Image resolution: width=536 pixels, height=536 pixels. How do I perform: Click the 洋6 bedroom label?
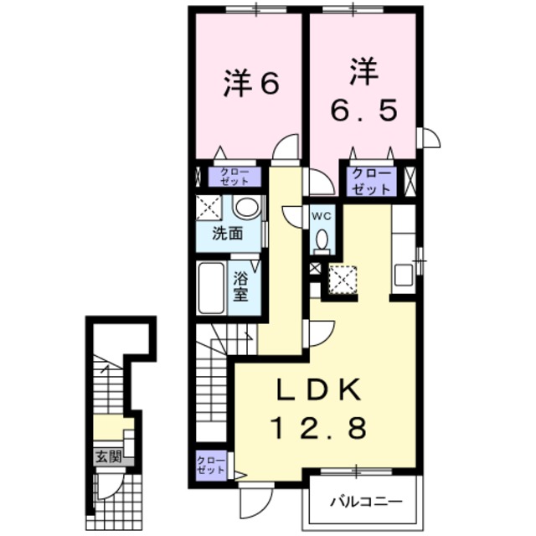click(x=250, y=84)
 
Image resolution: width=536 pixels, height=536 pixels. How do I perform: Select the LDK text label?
click(x=319, y=391)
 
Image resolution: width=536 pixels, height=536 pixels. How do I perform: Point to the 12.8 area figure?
click(x=319, y=430)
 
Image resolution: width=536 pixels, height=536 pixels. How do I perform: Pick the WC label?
click(x=322, y=215)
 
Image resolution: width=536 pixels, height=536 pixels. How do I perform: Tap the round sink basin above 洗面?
click(x=245, y=208)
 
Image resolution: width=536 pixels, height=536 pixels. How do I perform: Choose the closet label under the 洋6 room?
click(x=229, y=177)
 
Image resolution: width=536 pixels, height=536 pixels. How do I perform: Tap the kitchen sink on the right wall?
click(x=404, y=274)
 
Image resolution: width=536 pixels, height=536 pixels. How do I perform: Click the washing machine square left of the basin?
click(x=209, y=208)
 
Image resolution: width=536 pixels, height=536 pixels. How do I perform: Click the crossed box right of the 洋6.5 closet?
click(x=410, y=182)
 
